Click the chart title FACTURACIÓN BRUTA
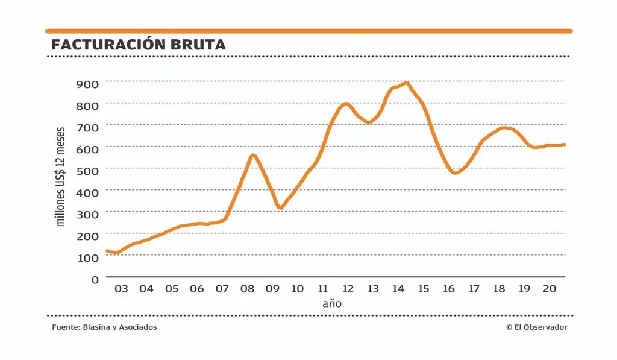[139, 45]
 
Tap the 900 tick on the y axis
[87, 83]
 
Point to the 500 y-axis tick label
[87, 169]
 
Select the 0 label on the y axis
[95, 279]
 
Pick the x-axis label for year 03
[121, 289]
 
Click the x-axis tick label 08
[247, 289]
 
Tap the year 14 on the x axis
[398, 289]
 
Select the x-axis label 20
[549, 289]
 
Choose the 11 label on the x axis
[322, 289]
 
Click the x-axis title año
[332, 303]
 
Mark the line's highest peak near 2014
[407, 83]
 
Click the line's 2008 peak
[253, 155]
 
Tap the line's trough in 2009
[280, 208]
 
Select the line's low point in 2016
[455, 173]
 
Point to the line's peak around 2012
[345, 104]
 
